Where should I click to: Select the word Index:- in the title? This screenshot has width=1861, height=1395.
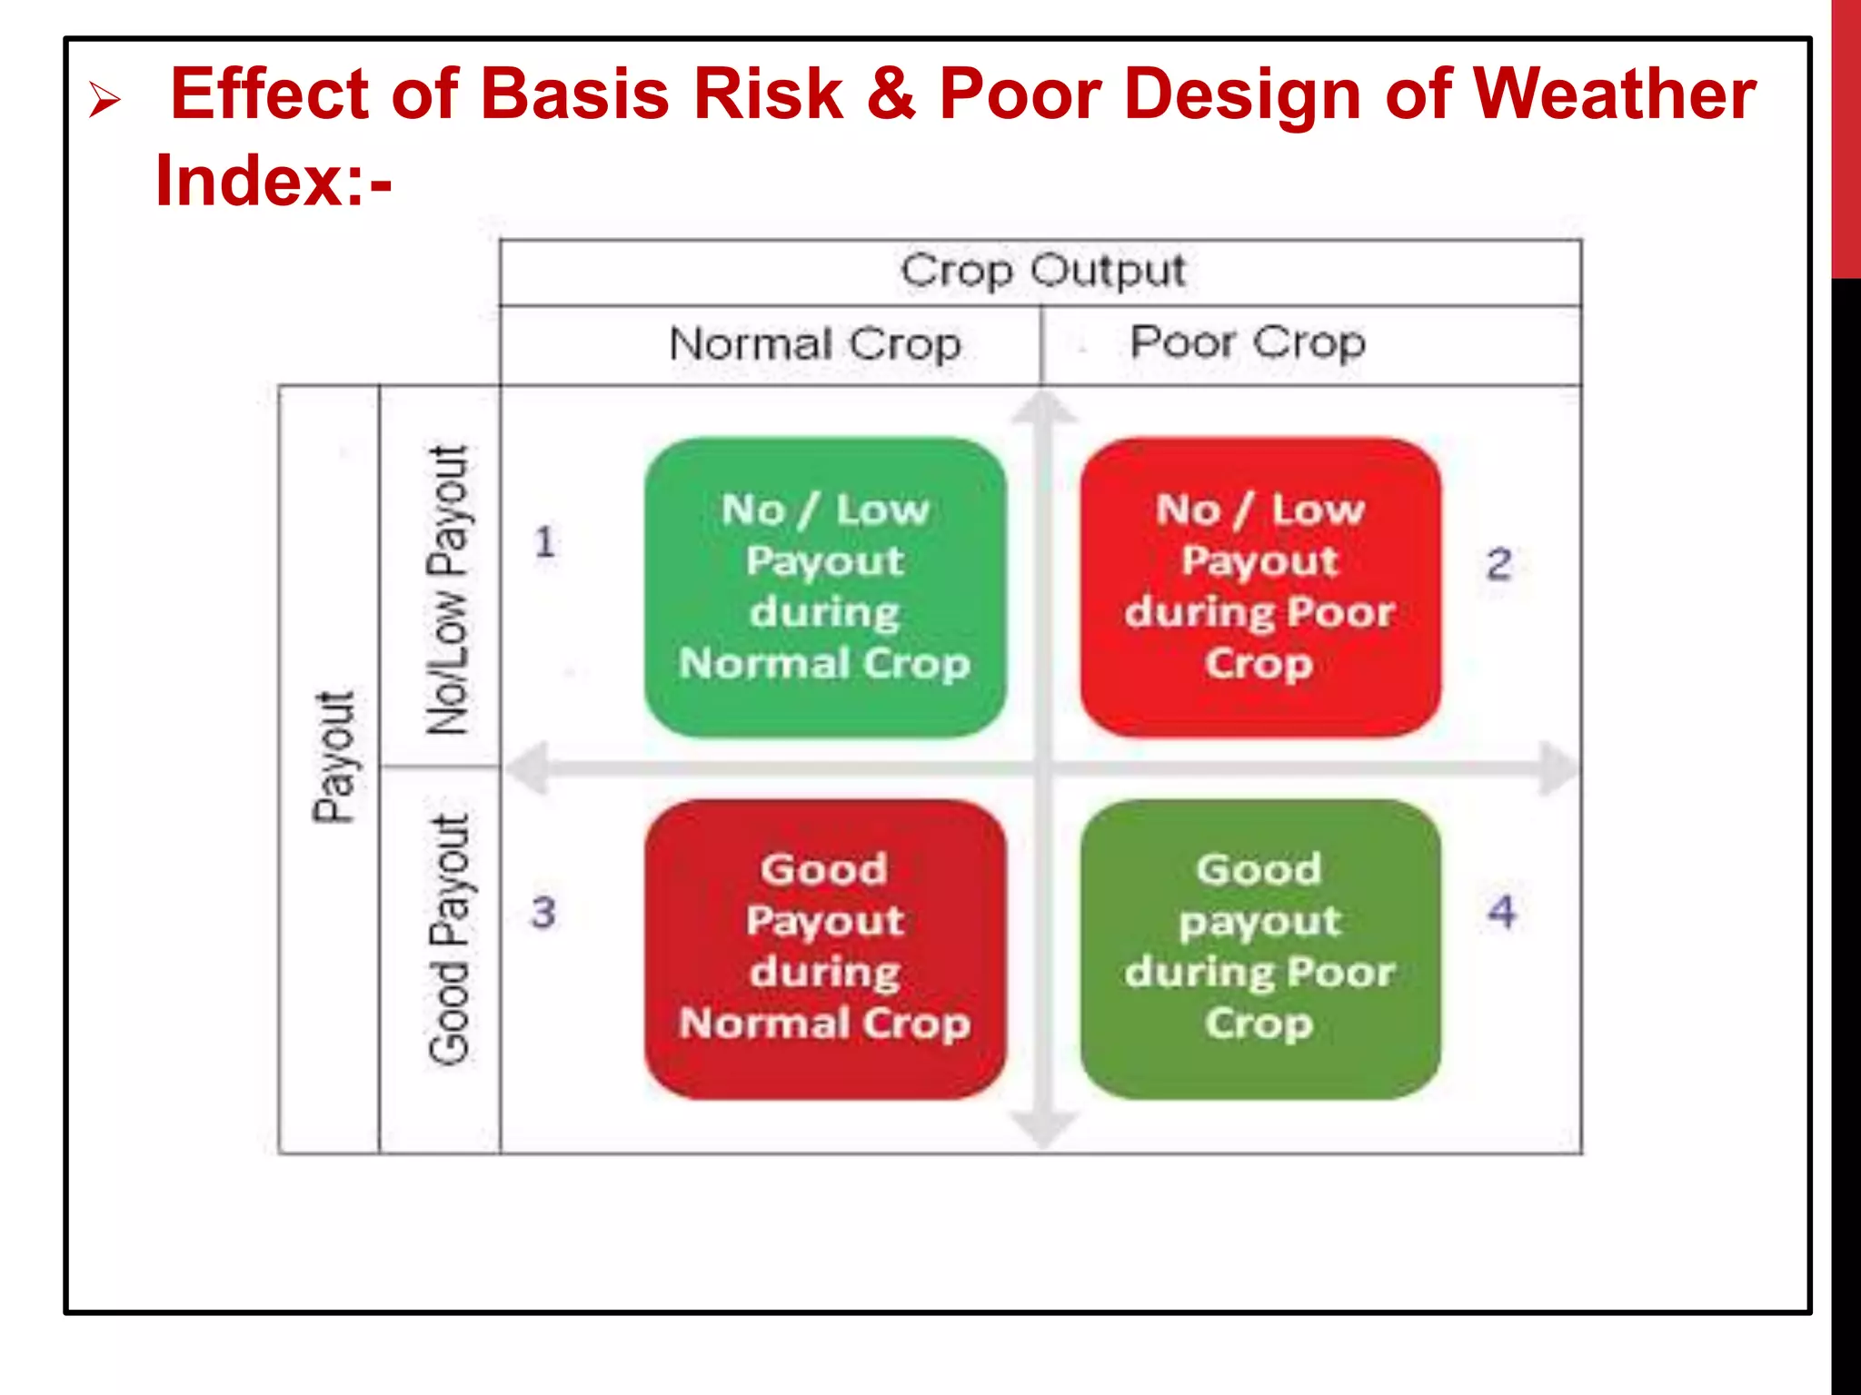(273, 181)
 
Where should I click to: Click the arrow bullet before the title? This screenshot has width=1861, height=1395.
(104, 100)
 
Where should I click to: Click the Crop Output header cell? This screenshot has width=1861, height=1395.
(1041, 272)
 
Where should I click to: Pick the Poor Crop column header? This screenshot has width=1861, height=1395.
(1247, 343)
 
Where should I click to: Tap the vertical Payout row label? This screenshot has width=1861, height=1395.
(333, 757)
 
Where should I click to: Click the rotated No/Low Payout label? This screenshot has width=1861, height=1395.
(449, 590)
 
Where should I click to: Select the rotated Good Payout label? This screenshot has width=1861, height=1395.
(449, 939)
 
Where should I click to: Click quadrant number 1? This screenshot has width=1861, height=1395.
(544, 543)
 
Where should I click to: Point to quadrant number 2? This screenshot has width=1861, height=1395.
(1498, 564)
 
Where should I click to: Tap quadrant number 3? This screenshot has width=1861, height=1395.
(543, 912)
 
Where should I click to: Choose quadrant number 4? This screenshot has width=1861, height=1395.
(1501, 912)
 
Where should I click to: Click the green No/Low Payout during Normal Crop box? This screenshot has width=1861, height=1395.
(824, 587)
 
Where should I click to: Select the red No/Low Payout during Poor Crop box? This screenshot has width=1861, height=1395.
(1259, 587)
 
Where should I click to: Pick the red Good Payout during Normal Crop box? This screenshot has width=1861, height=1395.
(824, 948)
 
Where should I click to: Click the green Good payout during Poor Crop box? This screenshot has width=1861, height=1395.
(1259, 948)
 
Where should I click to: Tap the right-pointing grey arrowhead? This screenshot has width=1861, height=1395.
(1557, 768)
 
